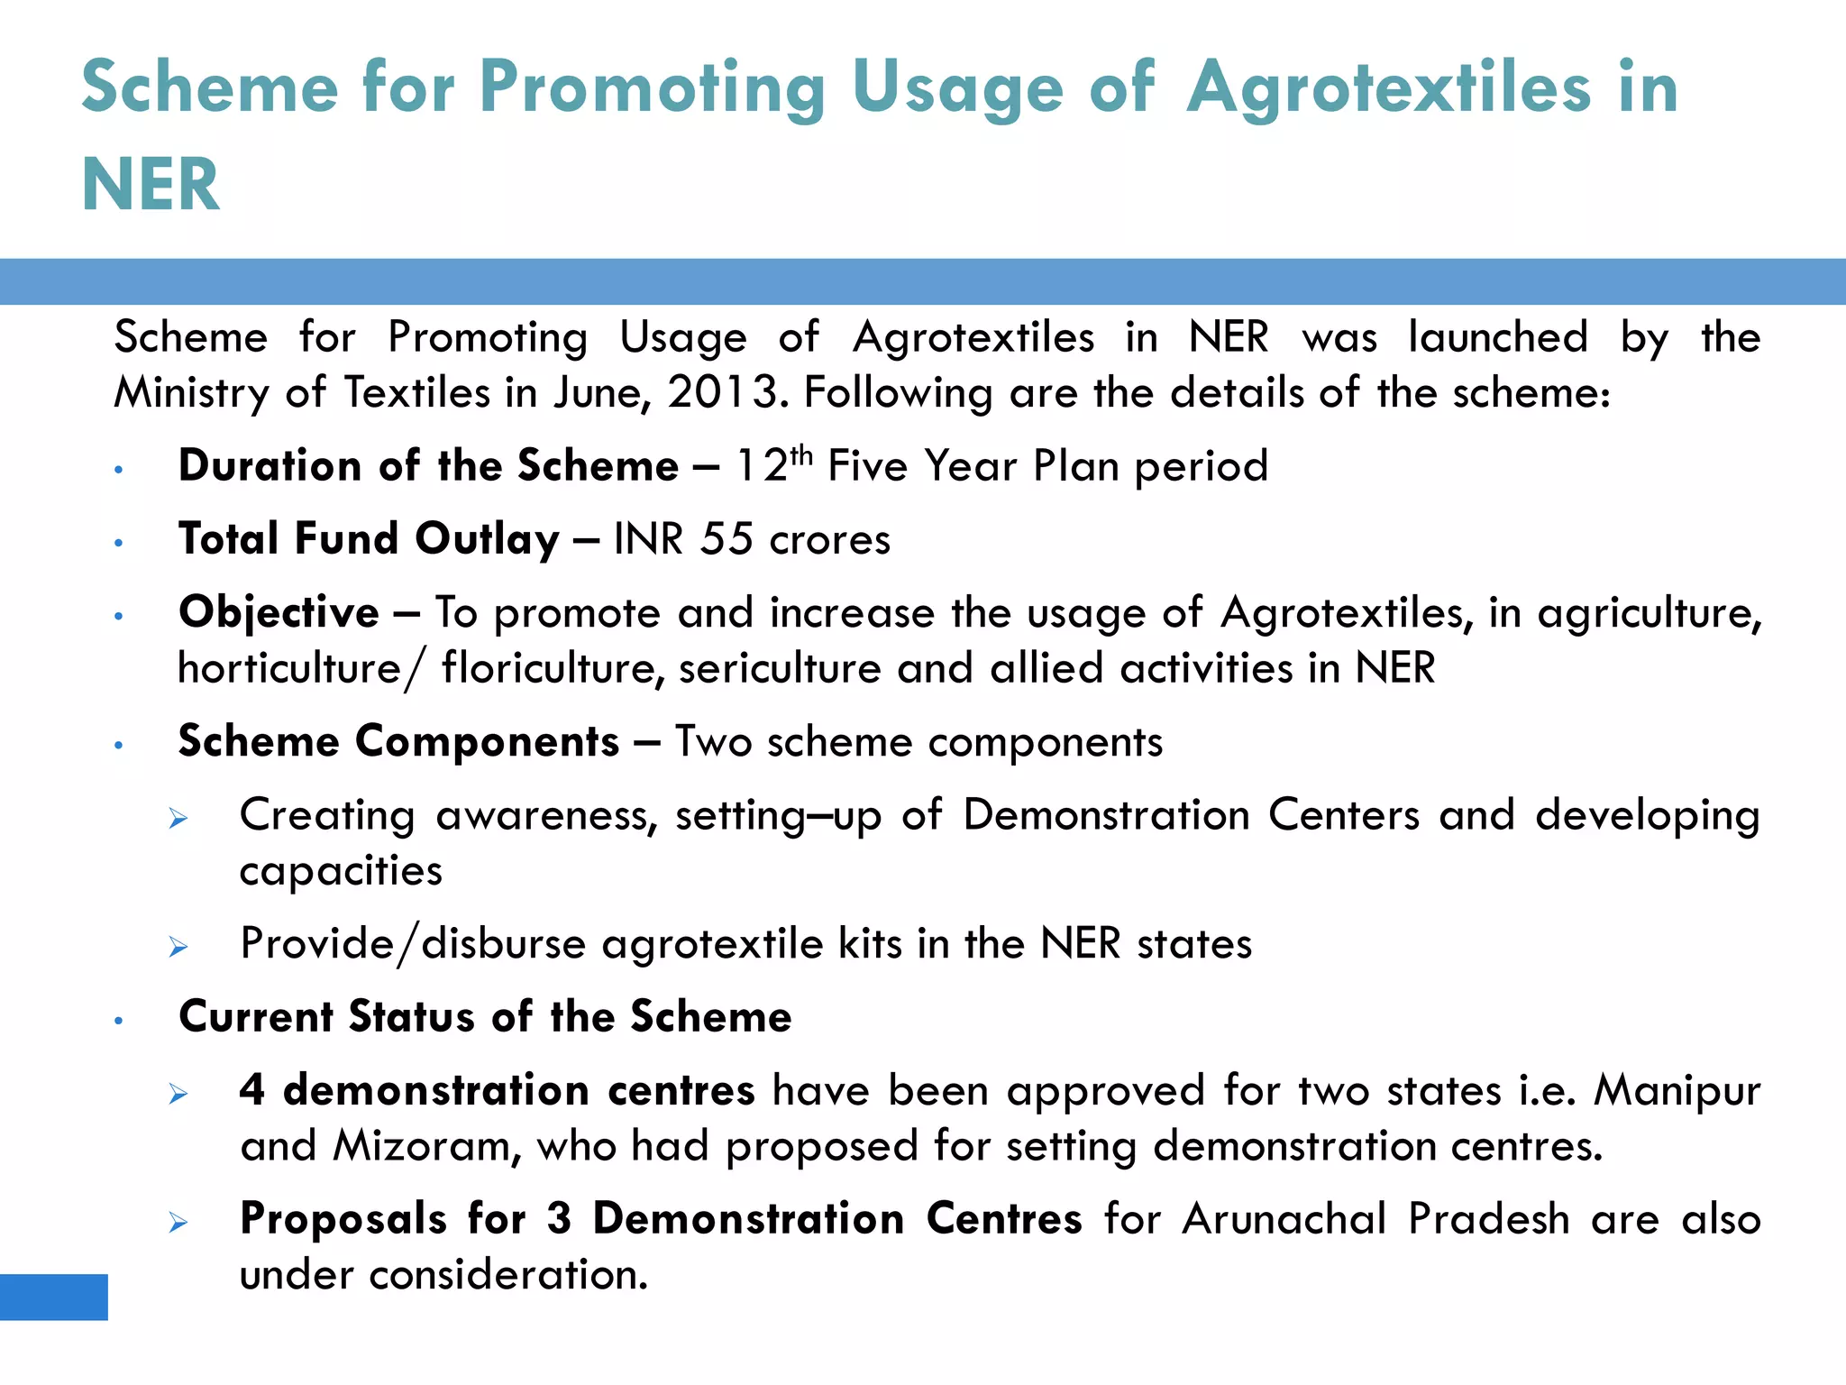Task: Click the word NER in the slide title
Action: pyautogui.click(x=151, y=185)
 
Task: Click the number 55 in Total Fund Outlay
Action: pyautogui.click(x=727, y=539)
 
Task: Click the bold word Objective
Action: pyautogui.click(x=279, y=613)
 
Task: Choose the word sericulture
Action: pyautogui.click(x=780, y=668)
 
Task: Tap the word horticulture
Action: pyautogui.click(x=289, y=668)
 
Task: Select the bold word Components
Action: pyautogui.click(x=488, y=741)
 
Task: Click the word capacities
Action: pyautogui.click(x=341, y=871)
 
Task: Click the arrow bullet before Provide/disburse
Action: pyautogui.click(x=178, y=947)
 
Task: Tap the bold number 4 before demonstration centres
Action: pyautogui.click(x=251, y=1090)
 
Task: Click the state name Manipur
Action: pyautogui.click(x=1677, y=1091)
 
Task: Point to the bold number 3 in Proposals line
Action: pyautogui.click(x=559, y=1219)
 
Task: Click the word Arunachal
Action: pyautogui.click(x=1284, y=1219)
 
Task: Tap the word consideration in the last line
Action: pyautogui.click(x=507, y=1275)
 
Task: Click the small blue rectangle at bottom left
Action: pyautogui.click(x=54, y=1297)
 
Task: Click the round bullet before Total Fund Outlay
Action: pyautogui.click(x=118, y=543)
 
